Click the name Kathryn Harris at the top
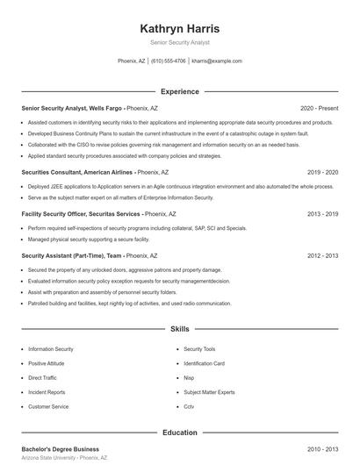tap(179, 28)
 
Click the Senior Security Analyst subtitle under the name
tap(179, 42)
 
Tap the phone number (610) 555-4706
tap(168, 61)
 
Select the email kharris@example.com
tap(216, 61)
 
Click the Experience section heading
tap(179, 91)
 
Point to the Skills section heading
tap(179, 329)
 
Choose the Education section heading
tap(179, 433)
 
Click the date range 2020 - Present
tap(320, 108)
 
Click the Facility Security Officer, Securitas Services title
tap(80, 213)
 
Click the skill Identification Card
tap(205, 363)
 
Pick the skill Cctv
tap(189, 406)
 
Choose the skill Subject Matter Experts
tap(209, 392)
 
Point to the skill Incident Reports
tap(47, 392)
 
